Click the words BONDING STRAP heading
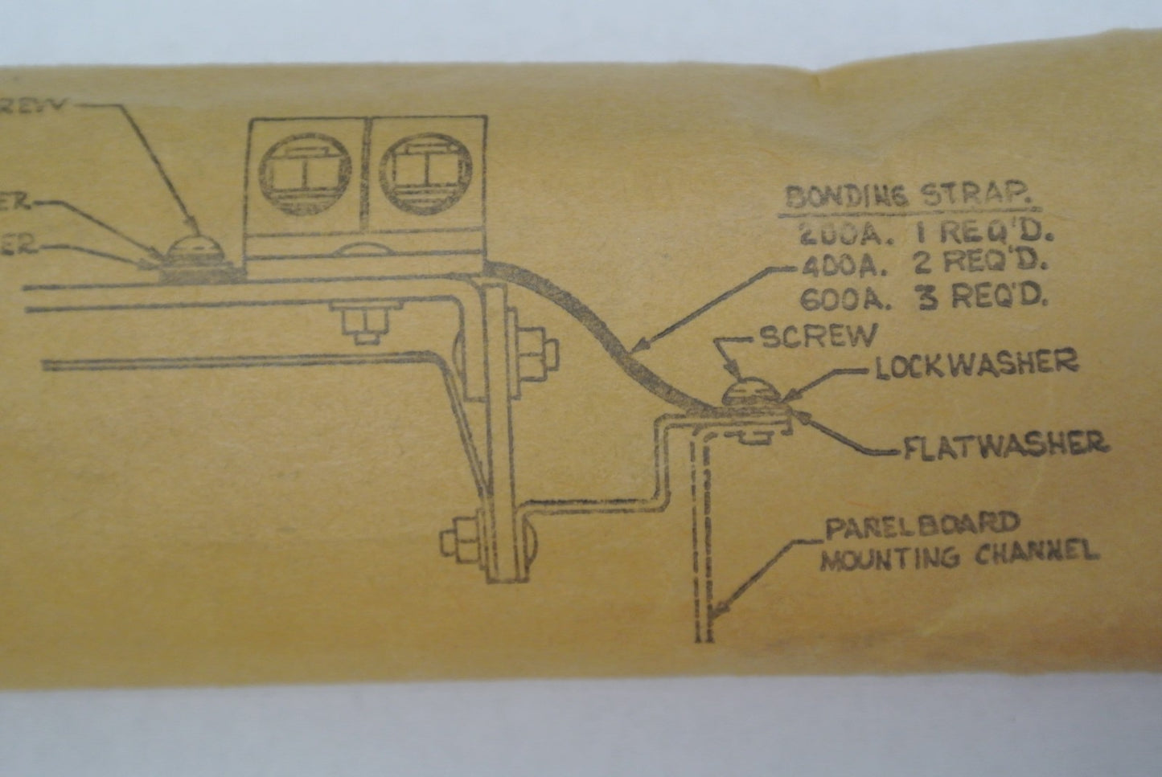coord(907,197)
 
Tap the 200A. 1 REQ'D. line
coord(925,233)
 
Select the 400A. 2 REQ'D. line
coord(925,264)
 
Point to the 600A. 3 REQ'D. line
coord(925,298)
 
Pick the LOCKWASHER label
coord(975,364)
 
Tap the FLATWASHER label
coord(1005,445)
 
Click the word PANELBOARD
coord(921,526)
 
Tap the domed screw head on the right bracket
coord(747,395)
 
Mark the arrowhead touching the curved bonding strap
coord(639,347)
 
